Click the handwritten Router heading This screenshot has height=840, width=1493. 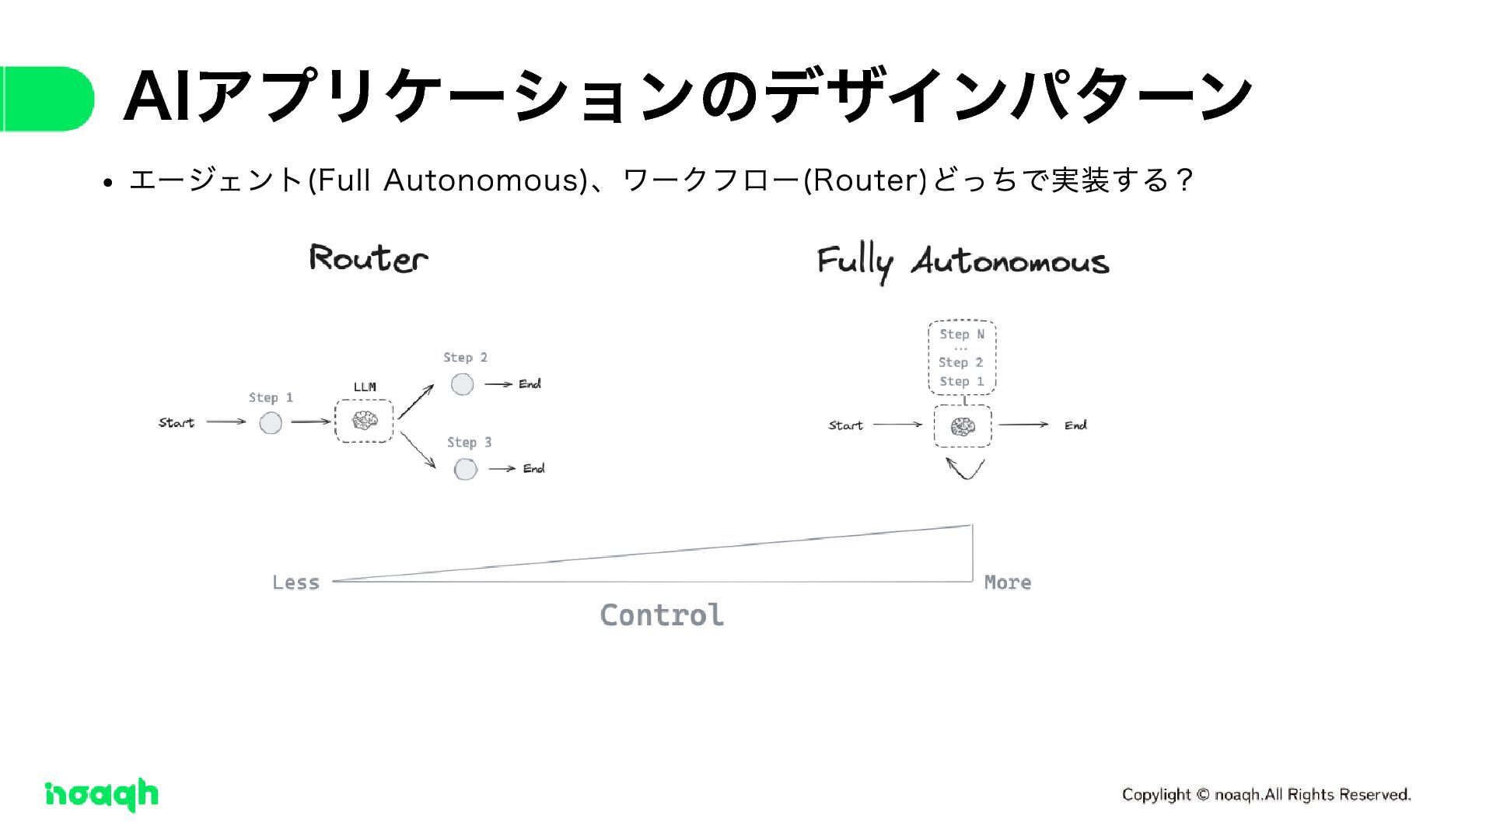coord(368,258)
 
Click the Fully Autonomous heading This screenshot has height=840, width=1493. coord(963,262)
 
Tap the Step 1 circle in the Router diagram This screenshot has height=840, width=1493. coord(271,423)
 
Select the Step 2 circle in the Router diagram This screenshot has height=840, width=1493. coord(462,384)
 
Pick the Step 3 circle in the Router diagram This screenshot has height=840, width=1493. coord(465,469)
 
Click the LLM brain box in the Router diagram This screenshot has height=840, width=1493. coord(364,421)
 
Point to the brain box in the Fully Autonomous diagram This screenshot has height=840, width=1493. coord(963,426)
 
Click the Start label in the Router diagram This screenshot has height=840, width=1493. coord(177,423)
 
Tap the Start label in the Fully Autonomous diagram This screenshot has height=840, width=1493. coord(845,425)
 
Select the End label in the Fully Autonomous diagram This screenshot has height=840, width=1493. coord(1075,425)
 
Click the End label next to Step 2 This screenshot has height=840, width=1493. coord(530,384)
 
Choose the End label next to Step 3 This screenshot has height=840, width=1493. coord(533,469)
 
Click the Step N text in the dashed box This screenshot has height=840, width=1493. coord(962,334)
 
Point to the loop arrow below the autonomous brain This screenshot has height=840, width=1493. coord(965,469)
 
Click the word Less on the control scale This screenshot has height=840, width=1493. coord(295,583)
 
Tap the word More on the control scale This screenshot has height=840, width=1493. coord(1008,583)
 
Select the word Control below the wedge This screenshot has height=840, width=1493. coord(662,615)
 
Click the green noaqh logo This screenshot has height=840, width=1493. coord(102,794)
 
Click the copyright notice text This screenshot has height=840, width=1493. coord(1266,795)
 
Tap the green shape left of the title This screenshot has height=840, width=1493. coord(47,99)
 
